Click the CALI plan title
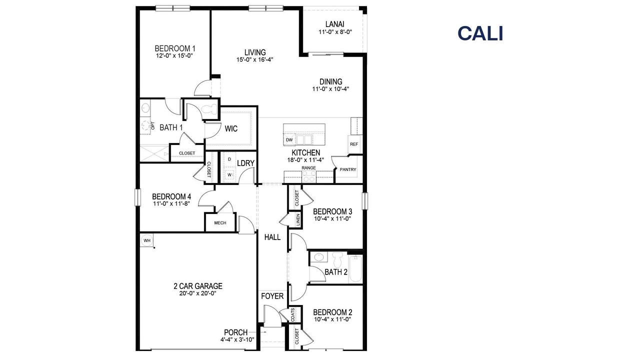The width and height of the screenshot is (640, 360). click(480, 33)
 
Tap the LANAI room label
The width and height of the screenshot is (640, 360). click(334, 24)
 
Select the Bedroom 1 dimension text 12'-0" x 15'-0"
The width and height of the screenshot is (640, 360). click(174, 56)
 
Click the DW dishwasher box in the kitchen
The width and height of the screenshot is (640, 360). click(289, 140)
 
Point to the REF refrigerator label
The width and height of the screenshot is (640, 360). click(354, 144)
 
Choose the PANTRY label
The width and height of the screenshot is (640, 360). click(348, 169)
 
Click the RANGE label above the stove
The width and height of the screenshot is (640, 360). click(308, 167)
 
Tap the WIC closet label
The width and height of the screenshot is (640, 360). click(231, 128)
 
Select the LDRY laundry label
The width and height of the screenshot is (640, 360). click(246, 163)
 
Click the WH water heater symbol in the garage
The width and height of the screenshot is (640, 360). click(147, 240)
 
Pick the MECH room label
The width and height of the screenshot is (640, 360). click(220, 223)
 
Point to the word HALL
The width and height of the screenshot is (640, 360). click(272, 237)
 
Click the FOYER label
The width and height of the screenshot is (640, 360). click(272, 296)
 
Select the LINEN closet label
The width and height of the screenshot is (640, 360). click(298, 220)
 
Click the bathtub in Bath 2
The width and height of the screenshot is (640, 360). click(355, 269)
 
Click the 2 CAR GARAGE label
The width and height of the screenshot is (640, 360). click(198, 286)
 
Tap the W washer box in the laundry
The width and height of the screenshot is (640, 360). click(229, 175)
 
